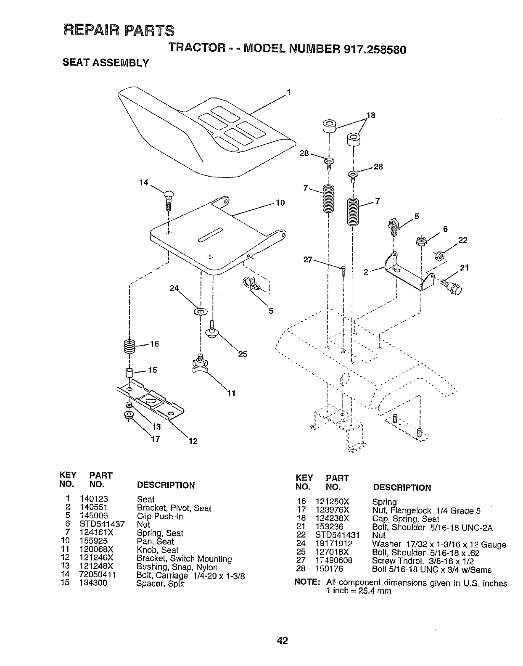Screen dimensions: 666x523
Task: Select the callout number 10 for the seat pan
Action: [280, 203]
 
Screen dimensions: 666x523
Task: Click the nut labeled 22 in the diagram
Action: [438, 255]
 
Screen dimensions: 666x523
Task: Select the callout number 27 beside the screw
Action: [308, 259]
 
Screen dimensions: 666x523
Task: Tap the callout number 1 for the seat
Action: [289, 92]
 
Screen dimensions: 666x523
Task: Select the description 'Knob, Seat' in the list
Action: [158, 550]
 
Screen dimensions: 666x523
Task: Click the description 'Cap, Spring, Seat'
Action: [405, 518]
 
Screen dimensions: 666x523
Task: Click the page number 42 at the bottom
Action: [282, 640]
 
